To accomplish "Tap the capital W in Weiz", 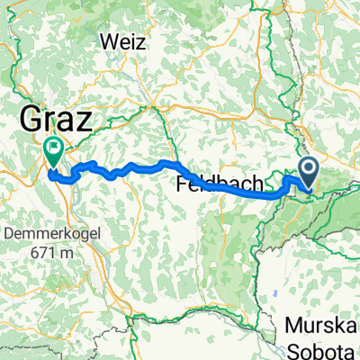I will [111, 41].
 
